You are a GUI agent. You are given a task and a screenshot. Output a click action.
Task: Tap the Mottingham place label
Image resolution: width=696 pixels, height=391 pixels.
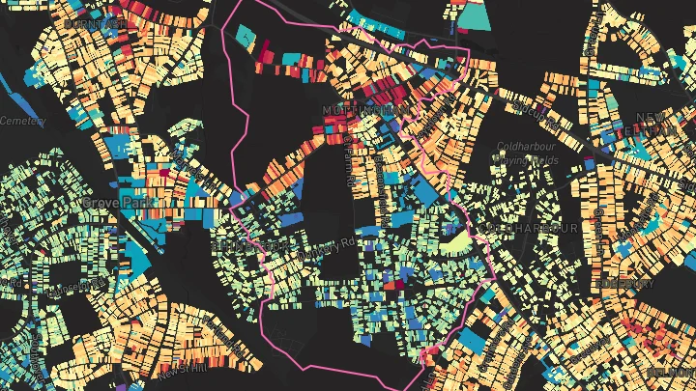click(365, 111)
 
